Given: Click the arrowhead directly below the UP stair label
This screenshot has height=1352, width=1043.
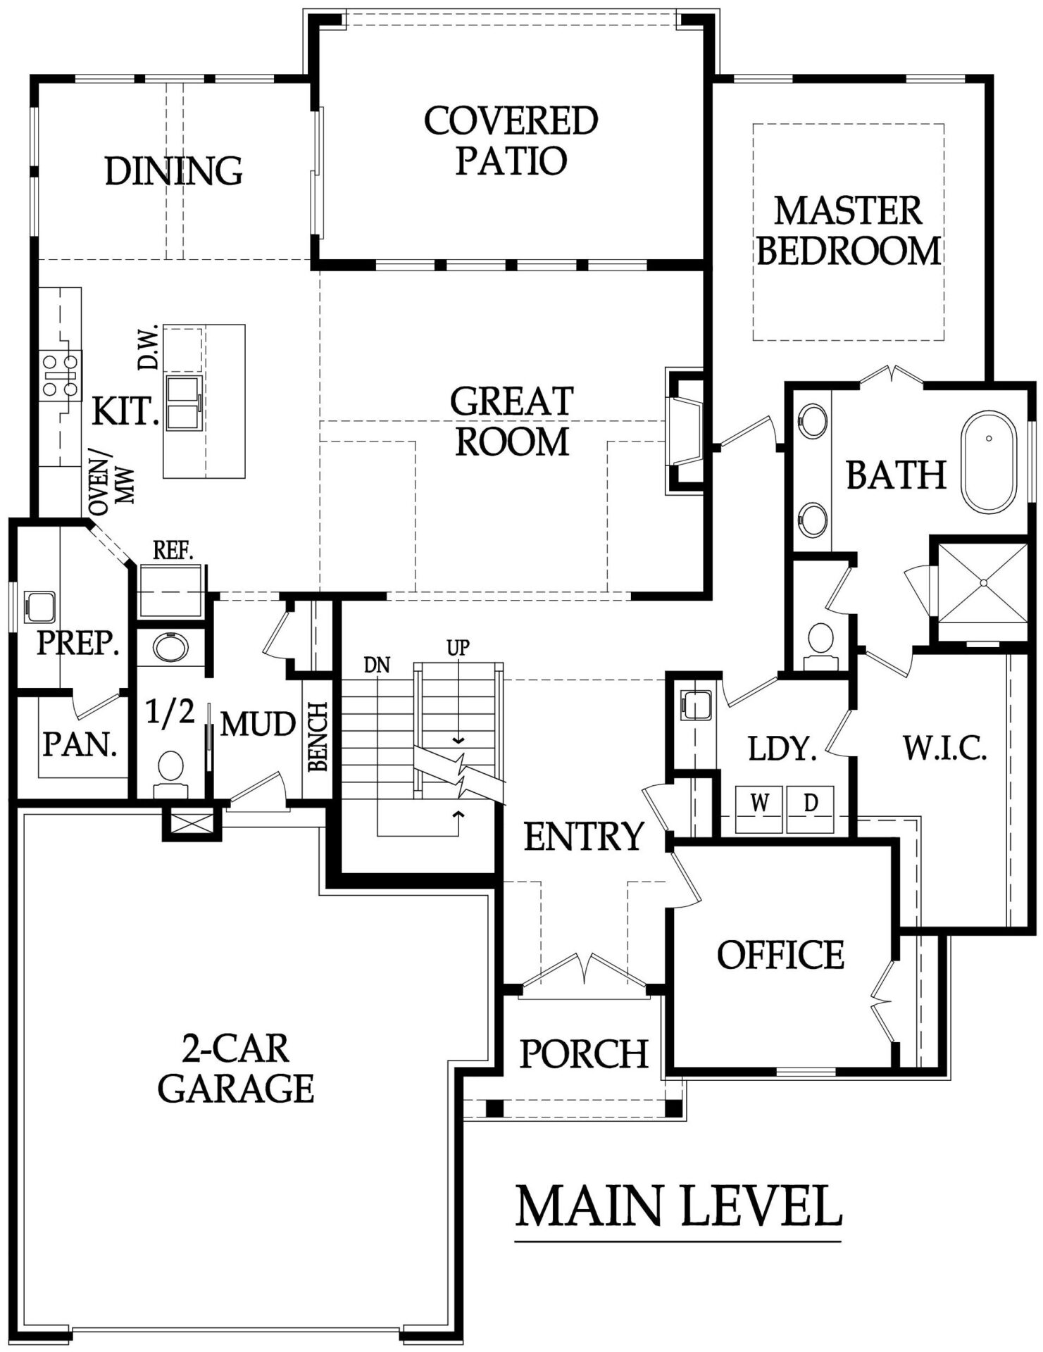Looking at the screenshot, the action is pos(458,740).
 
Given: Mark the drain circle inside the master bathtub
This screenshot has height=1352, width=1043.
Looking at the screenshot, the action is pos(989,438).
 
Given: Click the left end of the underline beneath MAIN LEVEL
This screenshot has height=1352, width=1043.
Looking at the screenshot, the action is pos(516,1240).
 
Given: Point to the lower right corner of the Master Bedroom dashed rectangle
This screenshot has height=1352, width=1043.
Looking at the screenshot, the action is pos(944,340).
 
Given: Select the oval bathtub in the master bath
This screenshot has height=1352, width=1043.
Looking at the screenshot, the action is pos(989,462).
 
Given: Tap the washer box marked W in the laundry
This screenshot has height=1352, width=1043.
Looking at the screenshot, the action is pos(759,809).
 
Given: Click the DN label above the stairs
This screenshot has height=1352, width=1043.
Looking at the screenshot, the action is pos(377,665).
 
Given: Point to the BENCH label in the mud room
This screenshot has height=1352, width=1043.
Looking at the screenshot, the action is pos(318,737).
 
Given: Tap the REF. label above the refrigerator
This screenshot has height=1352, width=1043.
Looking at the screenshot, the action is pos(173,551).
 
